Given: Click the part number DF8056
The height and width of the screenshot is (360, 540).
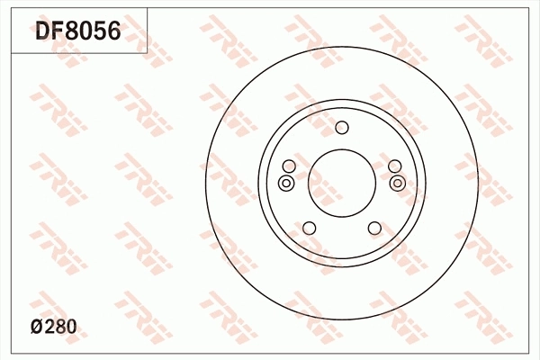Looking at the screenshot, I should pyautogui.click(x=77, y=32).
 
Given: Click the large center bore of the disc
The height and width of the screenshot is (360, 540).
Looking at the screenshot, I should pyautogui.click(x=341, y=182).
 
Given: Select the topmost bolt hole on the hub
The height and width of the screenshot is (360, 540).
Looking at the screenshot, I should pyautogui.click(x=341, y=127).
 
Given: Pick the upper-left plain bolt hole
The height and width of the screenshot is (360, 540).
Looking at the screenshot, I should pyautogui.click(x=289, y=166).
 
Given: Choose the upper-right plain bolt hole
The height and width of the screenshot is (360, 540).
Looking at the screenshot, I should pyautogui.click(x=394, y=166).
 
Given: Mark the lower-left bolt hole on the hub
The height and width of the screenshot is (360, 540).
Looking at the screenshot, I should pyautogui.click(x=309, y=228).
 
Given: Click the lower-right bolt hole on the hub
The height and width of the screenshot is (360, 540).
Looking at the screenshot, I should pyautogui.click(x=373, y=228).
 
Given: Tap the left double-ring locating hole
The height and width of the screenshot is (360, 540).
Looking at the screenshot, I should pyautogui.click(x=285, y=184).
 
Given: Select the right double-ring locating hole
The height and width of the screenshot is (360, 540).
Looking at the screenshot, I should pyautogui.click(x=398, y=184).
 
